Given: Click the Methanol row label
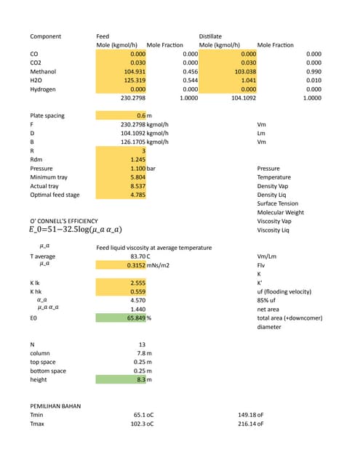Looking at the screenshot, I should (43, 72).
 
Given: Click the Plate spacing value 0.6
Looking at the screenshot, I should (140, 116).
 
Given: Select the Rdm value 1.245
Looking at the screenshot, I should (135, 159).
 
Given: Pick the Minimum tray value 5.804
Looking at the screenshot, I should (136, 177).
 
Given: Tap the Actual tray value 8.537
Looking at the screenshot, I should (136, 186).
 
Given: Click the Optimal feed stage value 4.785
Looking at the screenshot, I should (136, 195).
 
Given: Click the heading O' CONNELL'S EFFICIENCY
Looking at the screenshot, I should (64, 221).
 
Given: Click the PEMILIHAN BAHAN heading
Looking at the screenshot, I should (55, 406).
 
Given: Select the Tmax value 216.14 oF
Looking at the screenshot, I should (250, 424).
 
